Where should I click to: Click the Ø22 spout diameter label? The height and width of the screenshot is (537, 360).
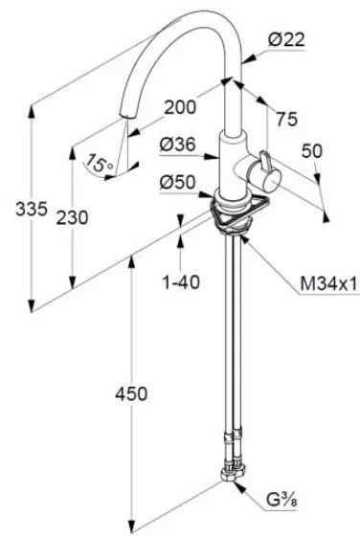click(x=286, y=40)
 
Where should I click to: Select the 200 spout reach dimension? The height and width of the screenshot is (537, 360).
click(x=181, y=107)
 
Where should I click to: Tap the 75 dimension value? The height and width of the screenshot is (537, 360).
click(x=287, y=120)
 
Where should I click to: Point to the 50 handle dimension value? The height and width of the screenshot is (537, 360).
click(x=312, y=151)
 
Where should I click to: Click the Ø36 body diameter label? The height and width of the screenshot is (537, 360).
click(x=177, y=145)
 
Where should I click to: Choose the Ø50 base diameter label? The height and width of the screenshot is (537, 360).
click(x=177, y=182)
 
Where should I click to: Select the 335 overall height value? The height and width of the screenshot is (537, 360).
click(x=32, y=209)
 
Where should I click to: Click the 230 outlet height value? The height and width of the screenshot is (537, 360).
click(x=72, y=218)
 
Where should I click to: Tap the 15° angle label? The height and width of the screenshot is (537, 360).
click(x=99, y=163)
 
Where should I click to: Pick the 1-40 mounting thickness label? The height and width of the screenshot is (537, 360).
click(x=181, y=282)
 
